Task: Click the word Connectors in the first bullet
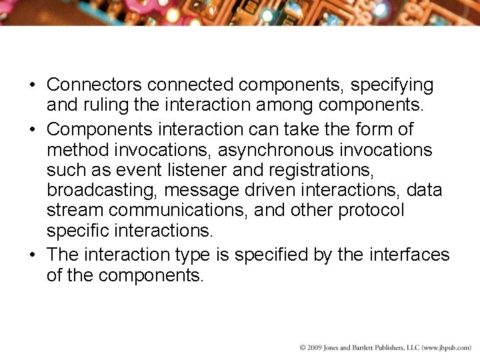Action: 94,85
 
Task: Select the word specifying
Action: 392,85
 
